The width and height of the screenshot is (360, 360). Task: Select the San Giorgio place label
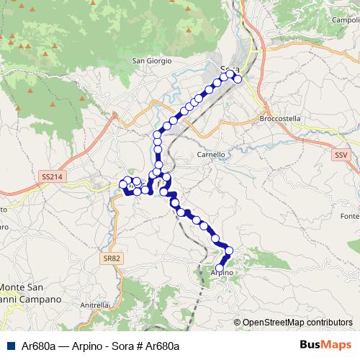152,61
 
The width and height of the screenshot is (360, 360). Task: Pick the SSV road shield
341,155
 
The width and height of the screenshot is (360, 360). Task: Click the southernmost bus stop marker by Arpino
220,268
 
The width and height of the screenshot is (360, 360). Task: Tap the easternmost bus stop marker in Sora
238,79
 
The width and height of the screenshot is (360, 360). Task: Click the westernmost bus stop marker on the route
122,185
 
